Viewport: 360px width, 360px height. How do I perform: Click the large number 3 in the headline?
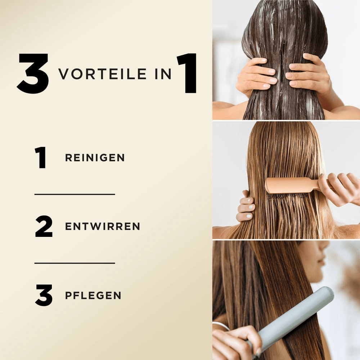pos(33,73)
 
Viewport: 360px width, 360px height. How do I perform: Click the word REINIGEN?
pos(95,158)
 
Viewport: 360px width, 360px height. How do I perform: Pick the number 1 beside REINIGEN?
pos(41,158)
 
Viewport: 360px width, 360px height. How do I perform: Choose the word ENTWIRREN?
pos(102,226)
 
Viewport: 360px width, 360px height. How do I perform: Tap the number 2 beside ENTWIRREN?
pos(44,226)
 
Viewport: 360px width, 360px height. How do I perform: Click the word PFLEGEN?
pos(93,296)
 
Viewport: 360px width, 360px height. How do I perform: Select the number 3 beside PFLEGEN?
pos(44,296)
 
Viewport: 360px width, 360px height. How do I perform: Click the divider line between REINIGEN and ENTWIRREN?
pos(75,194)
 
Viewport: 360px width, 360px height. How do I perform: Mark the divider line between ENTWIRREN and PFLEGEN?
pos(75,263)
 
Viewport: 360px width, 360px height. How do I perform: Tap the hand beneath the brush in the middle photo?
pos(246,207)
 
